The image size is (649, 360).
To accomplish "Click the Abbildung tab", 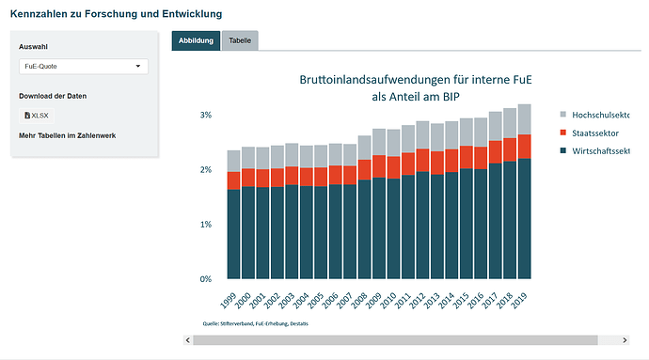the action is point(196,40).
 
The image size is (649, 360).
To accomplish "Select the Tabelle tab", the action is point(240,40).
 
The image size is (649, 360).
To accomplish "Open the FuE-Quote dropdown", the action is point(84,66).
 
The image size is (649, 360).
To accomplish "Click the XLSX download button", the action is point(37,116).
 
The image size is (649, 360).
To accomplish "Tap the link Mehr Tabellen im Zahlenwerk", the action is point(68,135).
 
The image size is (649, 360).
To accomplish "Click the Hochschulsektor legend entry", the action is point(594,115).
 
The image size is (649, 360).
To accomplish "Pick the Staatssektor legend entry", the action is point(590,133).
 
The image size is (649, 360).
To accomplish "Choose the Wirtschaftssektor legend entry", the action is point(594,151).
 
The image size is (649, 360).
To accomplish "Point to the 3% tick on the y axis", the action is point(206,115).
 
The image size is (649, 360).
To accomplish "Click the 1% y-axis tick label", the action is point(206,225).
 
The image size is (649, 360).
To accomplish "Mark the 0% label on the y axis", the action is point(206,279).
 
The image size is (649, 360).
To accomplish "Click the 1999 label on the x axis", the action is point(228,301).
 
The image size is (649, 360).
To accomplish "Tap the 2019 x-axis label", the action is point(519,301).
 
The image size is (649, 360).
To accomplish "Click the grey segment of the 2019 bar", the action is point(525,119).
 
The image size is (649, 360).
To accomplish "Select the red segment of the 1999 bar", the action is point(233,180).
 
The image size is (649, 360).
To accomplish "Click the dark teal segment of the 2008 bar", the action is point(364,229).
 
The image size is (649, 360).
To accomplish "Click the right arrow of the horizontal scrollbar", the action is point(625,340).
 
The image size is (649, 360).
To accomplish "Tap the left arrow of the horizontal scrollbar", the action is point(188,340).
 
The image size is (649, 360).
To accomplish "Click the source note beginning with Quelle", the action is point(256,323).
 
